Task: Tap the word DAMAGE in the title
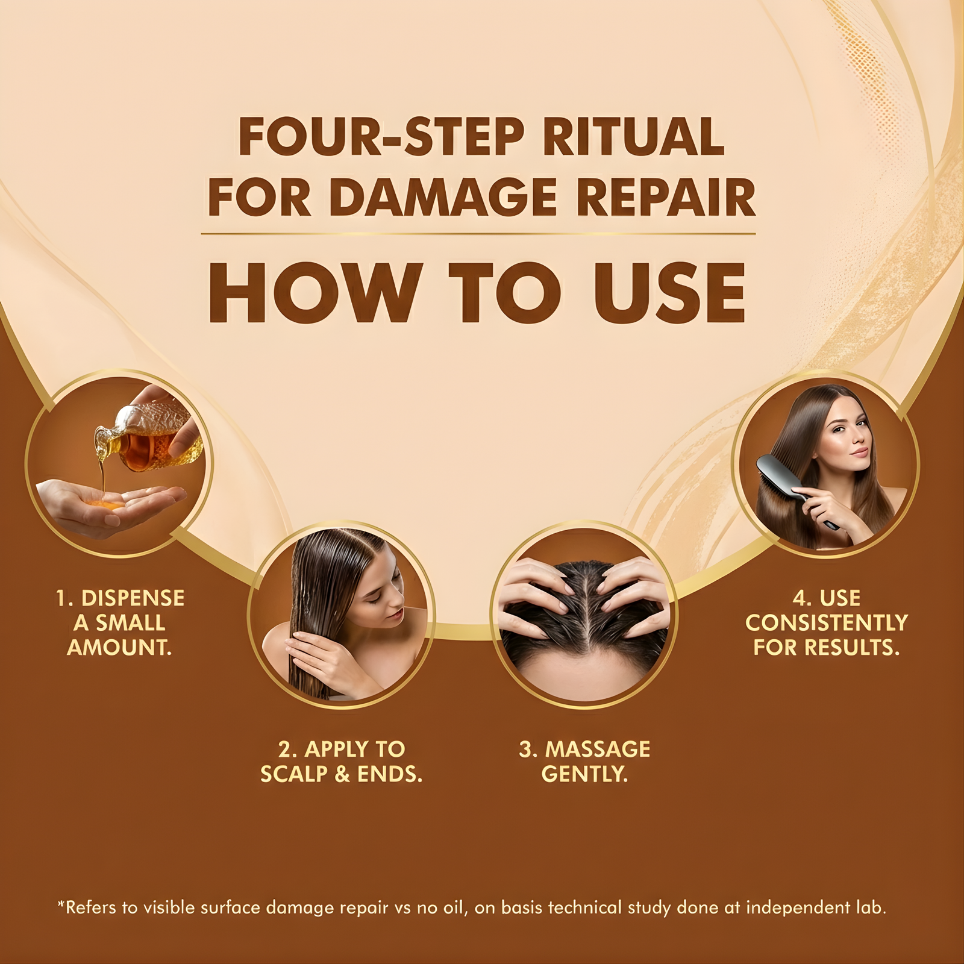[443, 198]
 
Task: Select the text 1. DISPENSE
[120, 598]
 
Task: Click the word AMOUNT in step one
[119, 648]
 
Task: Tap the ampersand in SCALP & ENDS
[342, 774]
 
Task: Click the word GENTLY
[584, 774]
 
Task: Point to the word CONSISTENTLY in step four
[826, 623]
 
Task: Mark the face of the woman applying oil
[383, 596]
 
